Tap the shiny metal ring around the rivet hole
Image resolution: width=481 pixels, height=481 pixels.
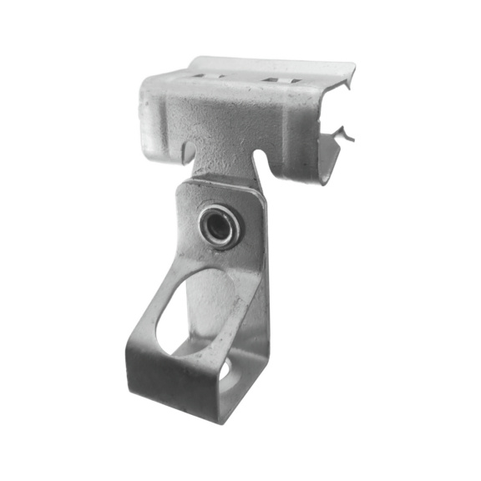228,220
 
